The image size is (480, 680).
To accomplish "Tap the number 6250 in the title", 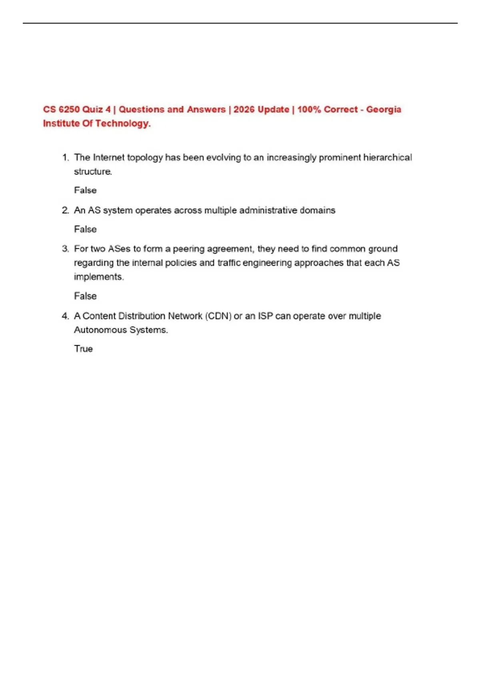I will [x=69, y=110].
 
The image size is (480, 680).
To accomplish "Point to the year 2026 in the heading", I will [x=244, y=110].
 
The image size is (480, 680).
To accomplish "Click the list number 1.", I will [x=65, y=158].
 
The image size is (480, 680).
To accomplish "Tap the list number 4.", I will [x=65, y=316].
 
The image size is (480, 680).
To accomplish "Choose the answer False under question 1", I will [x=85, y=190].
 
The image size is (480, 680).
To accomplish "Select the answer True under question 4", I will [x=83, y=349].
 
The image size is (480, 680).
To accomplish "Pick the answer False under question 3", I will [x=85, y=296].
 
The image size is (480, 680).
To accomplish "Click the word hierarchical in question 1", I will [x=387, y=158].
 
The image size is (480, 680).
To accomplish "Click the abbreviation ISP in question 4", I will [x=265, y=316].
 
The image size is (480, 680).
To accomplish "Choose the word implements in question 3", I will [x=98, y=277].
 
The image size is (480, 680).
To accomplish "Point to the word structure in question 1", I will [x=92, y=172].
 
